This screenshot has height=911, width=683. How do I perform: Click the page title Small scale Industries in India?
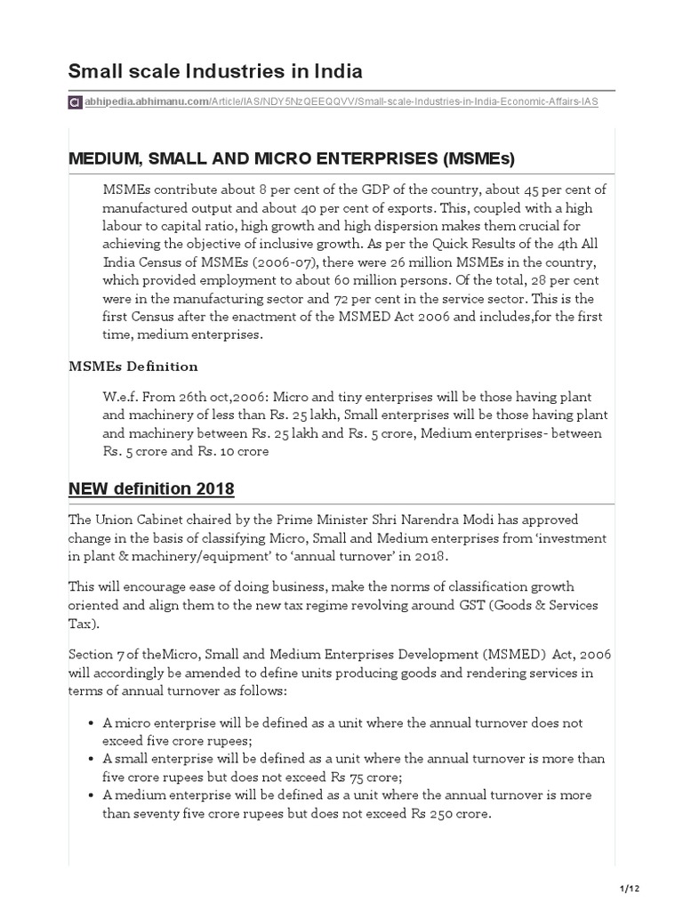tap(215, 71)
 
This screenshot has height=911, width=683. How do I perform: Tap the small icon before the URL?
tap(76, 102)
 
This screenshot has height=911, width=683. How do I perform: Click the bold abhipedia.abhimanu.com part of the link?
tap(146, 102)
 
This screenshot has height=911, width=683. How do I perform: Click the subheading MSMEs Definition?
tap(133, 367)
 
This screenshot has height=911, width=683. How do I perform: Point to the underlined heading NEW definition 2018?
tap(151, 488)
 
